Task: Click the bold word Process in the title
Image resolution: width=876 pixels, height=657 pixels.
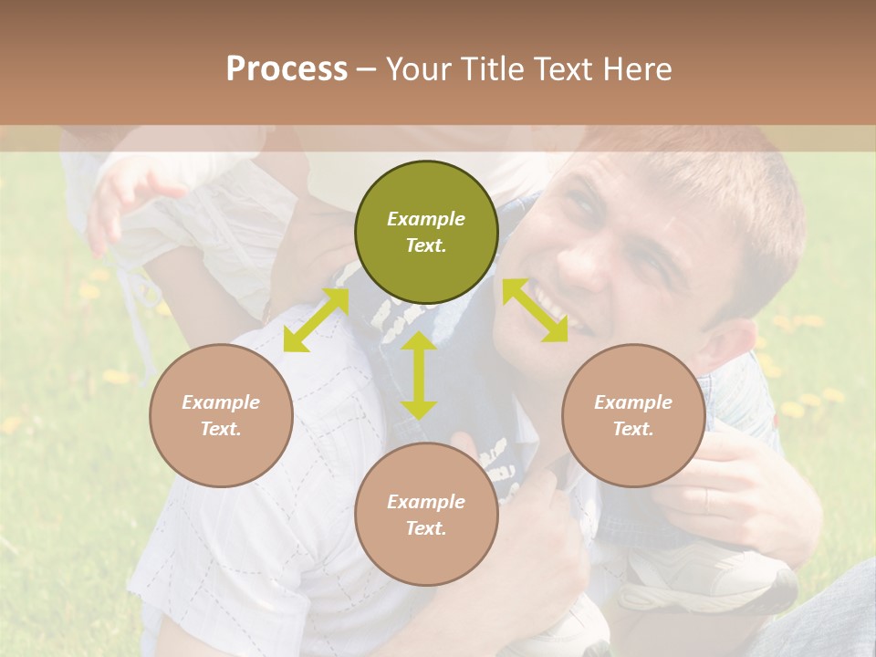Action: click(287, 68)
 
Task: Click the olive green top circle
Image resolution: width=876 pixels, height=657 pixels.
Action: click(426, 232)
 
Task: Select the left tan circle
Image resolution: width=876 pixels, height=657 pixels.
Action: click(221, 415)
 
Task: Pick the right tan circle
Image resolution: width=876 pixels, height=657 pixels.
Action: click(633, 415)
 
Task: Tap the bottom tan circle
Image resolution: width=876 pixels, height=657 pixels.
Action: click(426, 514)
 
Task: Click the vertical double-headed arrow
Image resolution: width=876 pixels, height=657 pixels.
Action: click(419, 375)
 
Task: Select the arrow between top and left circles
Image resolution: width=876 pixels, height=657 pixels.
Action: click(316, 318)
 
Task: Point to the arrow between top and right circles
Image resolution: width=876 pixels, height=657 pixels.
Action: click(535, 310)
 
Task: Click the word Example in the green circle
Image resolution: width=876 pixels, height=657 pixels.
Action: click(426, 219)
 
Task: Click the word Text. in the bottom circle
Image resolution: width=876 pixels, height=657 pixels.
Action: click(426, 528)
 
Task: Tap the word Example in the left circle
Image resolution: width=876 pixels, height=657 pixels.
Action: click(221, 402)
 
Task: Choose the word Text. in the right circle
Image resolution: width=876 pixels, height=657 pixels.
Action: click(633, 429)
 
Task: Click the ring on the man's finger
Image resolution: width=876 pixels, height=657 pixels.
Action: click(707, 498)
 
